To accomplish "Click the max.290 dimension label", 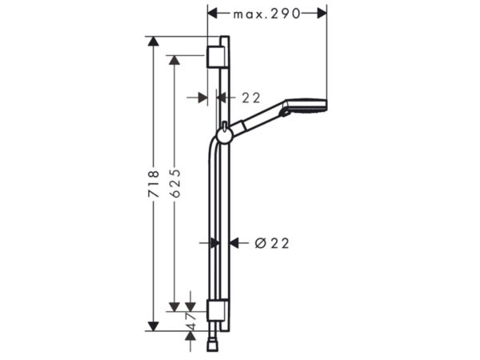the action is coord(266,14).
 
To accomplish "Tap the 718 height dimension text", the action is coord(154,184).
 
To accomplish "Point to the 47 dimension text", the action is coord(190,322).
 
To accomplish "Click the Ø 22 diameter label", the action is coord(272,243).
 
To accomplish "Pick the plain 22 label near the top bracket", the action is coord(251,98).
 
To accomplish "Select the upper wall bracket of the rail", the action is coord(217,57).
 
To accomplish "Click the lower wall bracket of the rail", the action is coord(217,310).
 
